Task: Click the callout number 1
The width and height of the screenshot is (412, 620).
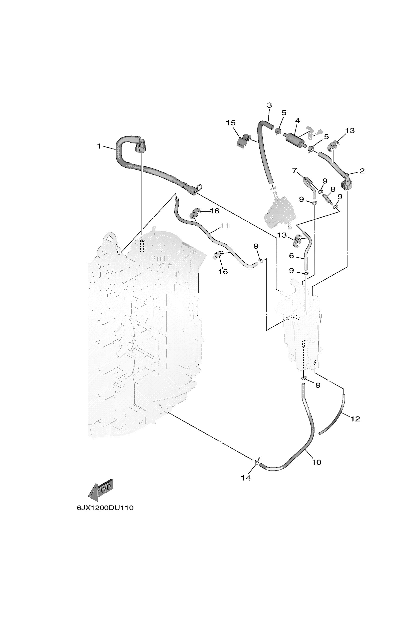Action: [99, 146]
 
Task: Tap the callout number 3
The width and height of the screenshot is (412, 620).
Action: [269, 105]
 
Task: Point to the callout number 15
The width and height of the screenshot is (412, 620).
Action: [231, 123]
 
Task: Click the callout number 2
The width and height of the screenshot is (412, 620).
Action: [362, 171]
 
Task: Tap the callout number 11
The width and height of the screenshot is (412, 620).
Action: [225, 225]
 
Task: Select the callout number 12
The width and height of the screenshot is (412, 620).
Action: [355, 419]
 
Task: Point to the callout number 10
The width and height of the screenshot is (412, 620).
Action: [317, 462]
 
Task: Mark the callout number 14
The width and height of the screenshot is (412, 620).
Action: [246, 478]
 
